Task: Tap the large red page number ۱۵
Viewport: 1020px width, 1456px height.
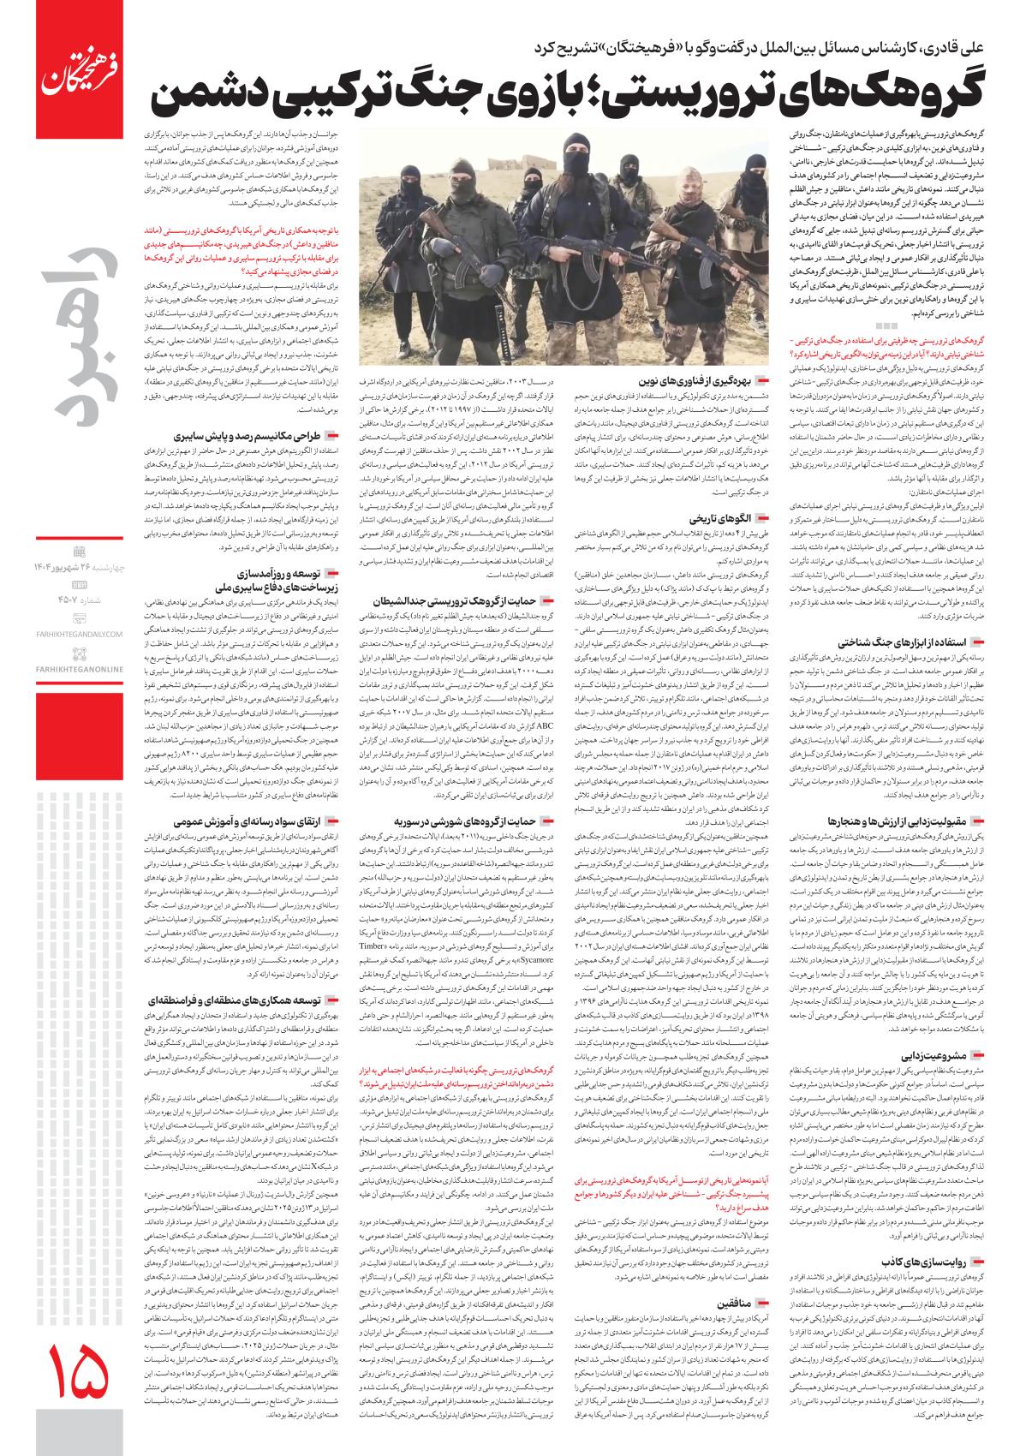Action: [x=82, y=1370]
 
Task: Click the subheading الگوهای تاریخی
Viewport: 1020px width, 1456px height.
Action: [x=720, y=519]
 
